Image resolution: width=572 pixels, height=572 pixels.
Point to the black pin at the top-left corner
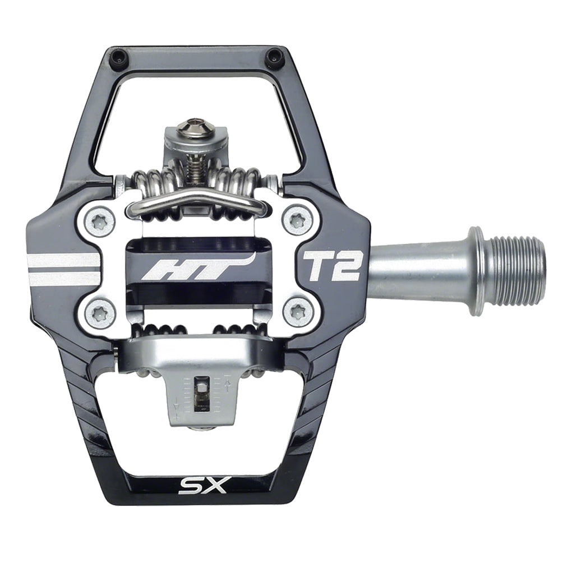click(x=118, y=57)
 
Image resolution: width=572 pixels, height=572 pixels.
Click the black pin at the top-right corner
click(x=274, y=56)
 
